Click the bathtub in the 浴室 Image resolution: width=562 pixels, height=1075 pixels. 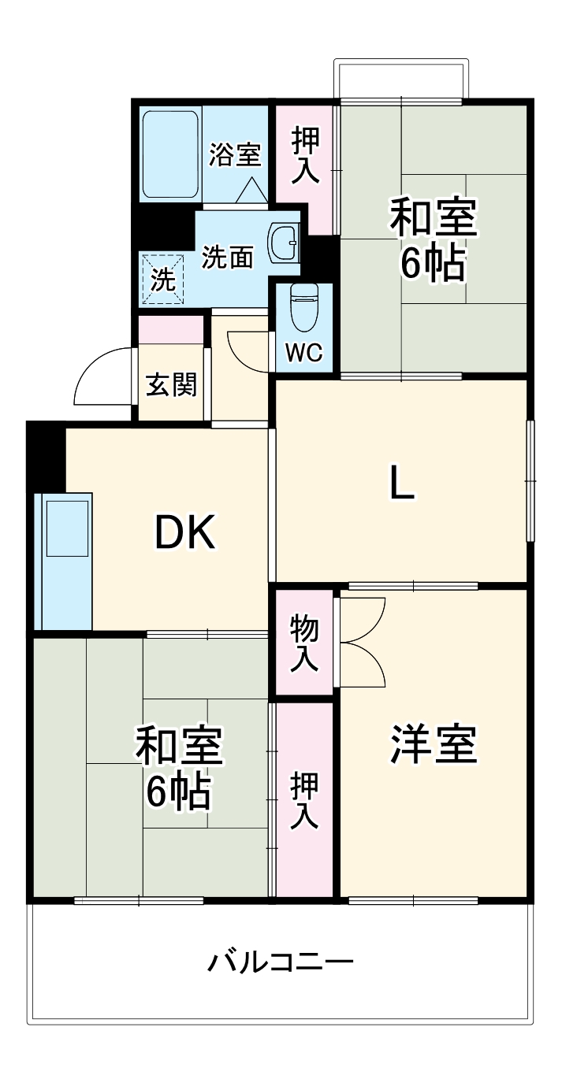tap(170, 154)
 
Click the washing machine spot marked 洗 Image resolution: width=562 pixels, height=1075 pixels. tap(162, 280)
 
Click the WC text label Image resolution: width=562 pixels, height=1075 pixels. tap(303, 354)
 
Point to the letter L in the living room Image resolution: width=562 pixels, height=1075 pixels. tap(402, 484)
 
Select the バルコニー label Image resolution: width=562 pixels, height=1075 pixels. tap(281, 962)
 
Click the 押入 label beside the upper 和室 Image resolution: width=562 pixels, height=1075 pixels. tap(305, 156)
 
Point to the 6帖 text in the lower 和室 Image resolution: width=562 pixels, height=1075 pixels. tap(178, 791)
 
